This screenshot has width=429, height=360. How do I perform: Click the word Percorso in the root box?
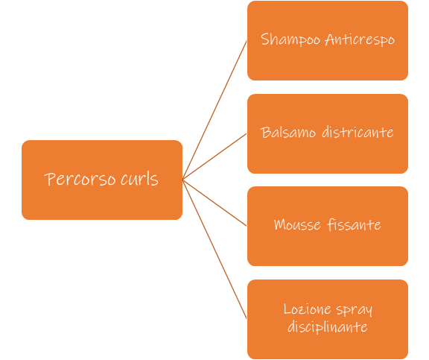(x=80, y=180)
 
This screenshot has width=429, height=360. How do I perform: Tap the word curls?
(x=139, y=180)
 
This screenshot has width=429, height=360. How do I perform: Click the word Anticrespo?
(x=360, y=40)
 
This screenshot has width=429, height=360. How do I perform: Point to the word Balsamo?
(x=288, y=133)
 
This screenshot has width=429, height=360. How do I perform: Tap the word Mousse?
(x=297, y=225)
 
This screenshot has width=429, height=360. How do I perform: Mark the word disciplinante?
(x=328, y=327)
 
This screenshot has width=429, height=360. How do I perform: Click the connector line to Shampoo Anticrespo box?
(x=214, y=110)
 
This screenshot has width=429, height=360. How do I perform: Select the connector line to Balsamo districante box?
(x=214, y=157)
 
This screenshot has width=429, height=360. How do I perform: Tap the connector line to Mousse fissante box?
(x=214, y=203)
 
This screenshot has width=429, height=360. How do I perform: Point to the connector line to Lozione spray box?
(x=214, y=249)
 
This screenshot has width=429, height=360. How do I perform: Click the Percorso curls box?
(x=102, y=180)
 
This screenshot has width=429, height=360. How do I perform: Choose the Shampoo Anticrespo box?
(x=328, y=40)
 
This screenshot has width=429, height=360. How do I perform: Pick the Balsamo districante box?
(x=328, y=133)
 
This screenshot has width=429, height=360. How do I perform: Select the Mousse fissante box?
(x=328, y=226)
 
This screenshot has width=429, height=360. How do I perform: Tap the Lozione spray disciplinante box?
(x=328, y=319)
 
